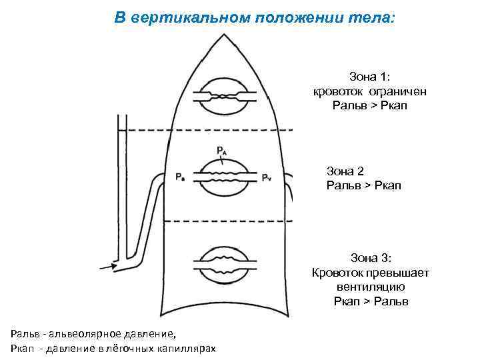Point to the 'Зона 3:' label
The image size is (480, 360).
[371, 258]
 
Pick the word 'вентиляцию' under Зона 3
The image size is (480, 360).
[371, 287]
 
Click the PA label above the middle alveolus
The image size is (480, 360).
[221, 151]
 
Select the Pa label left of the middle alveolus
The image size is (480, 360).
[181, 177]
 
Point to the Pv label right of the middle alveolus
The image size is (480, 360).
[266, 177]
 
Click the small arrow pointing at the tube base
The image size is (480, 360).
[107, 267]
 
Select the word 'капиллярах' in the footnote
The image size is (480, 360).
[188, 349]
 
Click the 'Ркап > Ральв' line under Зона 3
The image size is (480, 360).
[371, 301]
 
